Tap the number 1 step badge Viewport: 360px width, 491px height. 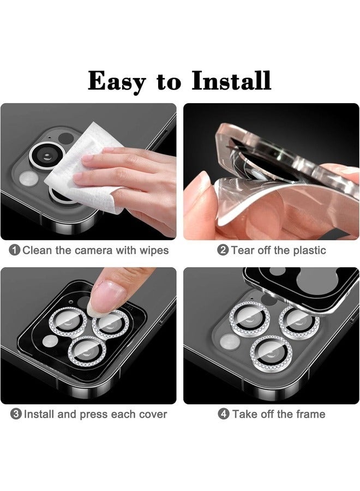coord(15,250)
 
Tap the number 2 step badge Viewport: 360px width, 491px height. coord(223,250)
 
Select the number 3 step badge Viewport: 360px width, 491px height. coord(16,414)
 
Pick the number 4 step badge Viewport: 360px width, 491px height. coord(224,414)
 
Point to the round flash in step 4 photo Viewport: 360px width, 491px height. coord(229,342)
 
